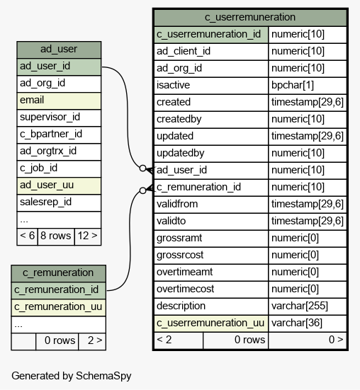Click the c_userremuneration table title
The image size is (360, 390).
tap(250, 18)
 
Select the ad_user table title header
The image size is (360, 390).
tap(59, 50)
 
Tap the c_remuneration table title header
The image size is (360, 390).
tap(59, 273)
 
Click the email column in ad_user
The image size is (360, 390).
tap(59, 101)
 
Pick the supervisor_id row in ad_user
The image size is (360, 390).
tap(59, 117)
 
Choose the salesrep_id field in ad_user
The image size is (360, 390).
tap(59, 202)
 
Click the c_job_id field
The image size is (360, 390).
tap(59, 168)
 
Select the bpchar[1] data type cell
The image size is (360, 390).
tap(308, 86)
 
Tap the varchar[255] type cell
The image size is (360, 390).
tap(308, 306)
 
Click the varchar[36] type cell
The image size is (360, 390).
tap(308, 323)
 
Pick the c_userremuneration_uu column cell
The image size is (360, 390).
tap(211, 323)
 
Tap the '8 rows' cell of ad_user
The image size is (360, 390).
tap(56, 236)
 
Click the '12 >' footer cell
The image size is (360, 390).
tap(88, 236)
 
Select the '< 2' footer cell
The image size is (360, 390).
tap(179, 340)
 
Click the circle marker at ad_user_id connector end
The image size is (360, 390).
tap(142, 168)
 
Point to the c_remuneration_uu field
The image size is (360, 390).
tap(59, 307)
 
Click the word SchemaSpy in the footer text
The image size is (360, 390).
tap(103, 376)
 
